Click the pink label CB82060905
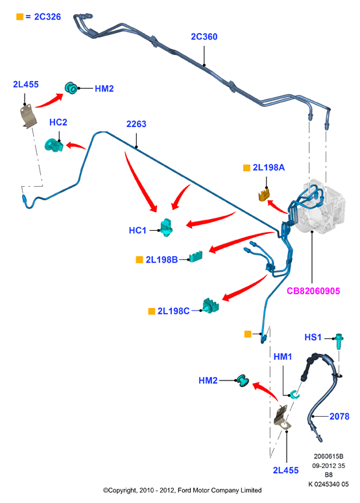click(x=313, y=291)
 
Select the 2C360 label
click(x=204, y=37)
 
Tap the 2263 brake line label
click(x=136, y=124)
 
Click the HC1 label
click(x=138, y=230)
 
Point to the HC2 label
click(x=58, y=123)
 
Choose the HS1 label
click(x=313, y=337)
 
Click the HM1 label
click(x=283, y=357)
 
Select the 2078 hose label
click(x=339, y=416)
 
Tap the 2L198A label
click(x=269, y=167)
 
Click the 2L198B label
click(x=162, y=259)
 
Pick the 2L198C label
click(x=173, y=311)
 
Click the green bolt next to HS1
click(x=339, y=342)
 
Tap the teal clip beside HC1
click(x=167, y=228)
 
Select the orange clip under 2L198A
click(x=264, y=194)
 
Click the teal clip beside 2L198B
click(x=196, y=257)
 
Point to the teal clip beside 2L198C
click(x=210, y=306)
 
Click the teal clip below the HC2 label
click(x=54, y=145)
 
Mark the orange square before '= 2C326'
click(x=19, y=17)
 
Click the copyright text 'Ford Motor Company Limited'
click(x=220, y=490)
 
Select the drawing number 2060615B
click(x=328, y=456)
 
